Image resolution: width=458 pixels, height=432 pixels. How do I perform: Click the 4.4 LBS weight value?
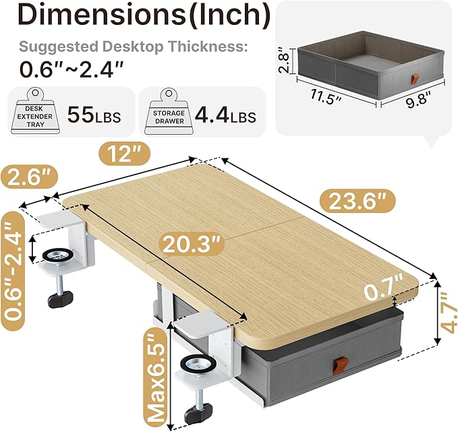[x=223, y=116]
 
